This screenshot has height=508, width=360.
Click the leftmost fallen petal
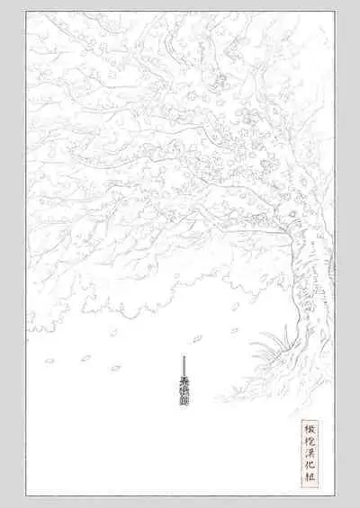click(49, 361)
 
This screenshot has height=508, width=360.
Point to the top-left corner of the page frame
click(27, 13)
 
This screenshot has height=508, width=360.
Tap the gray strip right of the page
click(347, 252)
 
